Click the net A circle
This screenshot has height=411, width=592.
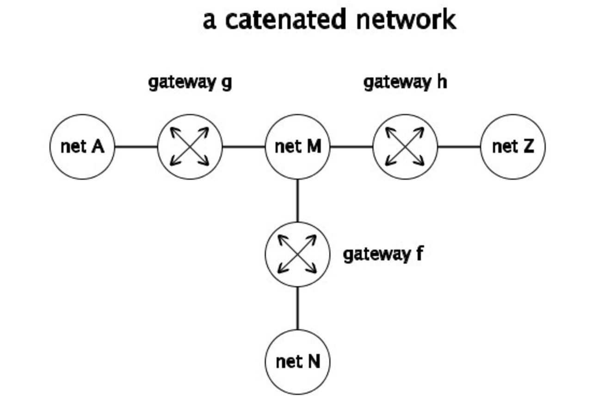82,147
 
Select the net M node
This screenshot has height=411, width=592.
297,147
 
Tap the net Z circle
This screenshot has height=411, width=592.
513,147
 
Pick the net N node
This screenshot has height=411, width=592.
297,362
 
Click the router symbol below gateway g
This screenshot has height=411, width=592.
190,147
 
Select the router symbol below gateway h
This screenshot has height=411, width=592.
405,147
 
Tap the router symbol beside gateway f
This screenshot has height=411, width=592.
297,254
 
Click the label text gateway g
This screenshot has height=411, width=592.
190,82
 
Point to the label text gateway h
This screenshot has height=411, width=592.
405,82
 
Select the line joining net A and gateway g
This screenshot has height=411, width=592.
136,147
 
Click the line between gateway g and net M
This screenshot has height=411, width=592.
244,147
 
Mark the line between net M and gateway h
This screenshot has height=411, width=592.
351,147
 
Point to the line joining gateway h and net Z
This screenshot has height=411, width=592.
459,147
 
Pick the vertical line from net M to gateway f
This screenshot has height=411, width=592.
297,201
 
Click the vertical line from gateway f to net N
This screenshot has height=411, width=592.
297,308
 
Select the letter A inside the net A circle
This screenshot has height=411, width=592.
97,147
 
